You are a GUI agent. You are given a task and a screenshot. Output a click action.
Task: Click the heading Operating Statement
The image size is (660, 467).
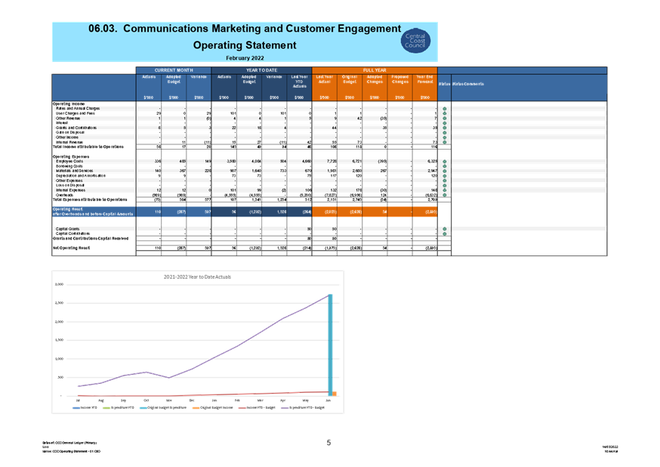[244, 45]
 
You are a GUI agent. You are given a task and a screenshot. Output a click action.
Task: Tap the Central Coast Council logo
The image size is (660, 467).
[415, 41]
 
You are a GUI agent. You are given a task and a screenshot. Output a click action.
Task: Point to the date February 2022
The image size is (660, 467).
[244, 57]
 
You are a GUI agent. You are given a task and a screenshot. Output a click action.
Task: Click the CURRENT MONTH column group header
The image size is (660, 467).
[174, 70]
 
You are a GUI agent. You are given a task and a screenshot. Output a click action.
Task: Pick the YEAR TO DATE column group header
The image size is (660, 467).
[261, 70]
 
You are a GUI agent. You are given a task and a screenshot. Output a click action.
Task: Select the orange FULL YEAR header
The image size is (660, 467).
[374, 70]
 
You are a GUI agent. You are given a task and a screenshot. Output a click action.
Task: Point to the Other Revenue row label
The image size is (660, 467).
[69, 119]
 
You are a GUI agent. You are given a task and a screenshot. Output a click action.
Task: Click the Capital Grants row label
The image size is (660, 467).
[68, 228]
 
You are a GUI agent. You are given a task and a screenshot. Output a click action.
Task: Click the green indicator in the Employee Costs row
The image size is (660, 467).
[445, 162]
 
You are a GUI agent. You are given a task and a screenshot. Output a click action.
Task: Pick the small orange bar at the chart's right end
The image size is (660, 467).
[335, 393]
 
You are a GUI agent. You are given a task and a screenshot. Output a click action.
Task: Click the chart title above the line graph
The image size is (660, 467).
[198, 277]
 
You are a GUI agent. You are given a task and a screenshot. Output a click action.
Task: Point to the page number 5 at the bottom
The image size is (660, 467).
[329, 443]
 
